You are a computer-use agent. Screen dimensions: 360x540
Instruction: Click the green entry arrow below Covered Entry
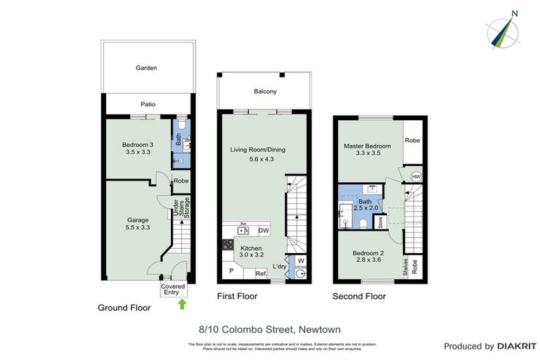pyautogui.click(x=183, y=304)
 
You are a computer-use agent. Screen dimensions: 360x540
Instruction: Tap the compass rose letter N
pyautogui.click(x=515, y=13)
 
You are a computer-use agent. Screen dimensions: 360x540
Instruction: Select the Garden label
pyautogui.click(x=146, y=68)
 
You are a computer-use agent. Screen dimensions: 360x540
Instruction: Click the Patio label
pyautogui.click(x=148, y=104)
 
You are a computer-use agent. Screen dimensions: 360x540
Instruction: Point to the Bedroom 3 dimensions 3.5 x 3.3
pyautogui.click(x=139, y=151)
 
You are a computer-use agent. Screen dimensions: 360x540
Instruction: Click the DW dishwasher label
pyautogui.click(x=264, y=231)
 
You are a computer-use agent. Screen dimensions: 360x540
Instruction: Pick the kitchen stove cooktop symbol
pyautogui.click(x=229, y=245)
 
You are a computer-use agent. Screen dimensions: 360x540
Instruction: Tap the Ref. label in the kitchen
pyautogui.click(x=259, y=274)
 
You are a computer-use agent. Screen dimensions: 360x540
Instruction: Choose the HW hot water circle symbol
pyautogui.click(x=416, y=176)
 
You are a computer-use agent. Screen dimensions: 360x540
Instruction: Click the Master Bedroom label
pyautogui.click(x=367, y=146)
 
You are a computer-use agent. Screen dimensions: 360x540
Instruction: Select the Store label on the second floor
pyautogui.click(x=380, y=224)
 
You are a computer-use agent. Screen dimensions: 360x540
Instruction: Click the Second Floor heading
pyautogui.click(x=359, y=297)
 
